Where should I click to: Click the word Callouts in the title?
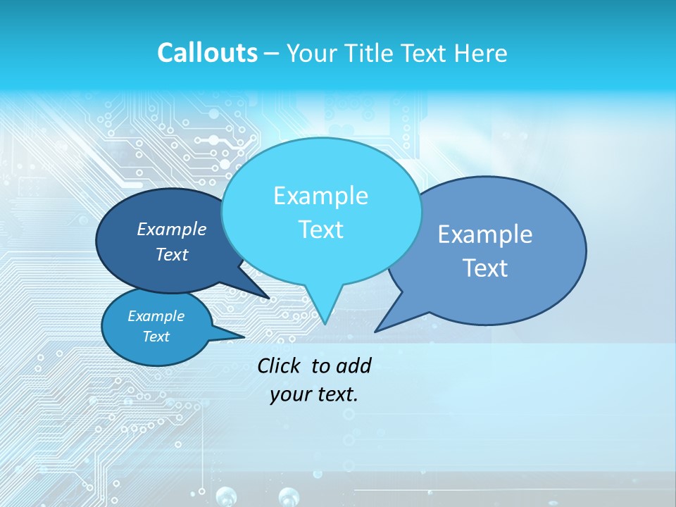click(207, 54)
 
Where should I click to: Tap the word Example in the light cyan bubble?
click(320, 196)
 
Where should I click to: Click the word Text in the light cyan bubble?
click(320, 230)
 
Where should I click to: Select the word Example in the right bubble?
click(485, 234)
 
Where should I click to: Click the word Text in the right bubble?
click(485, 268)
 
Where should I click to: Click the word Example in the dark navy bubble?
click(172, 230)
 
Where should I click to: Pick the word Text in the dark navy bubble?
click(172, 254)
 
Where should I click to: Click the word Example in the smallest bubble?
click(156, 316)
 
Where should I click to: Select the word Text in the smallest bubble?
click(156, 337)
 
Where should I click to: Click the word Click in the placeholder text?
click(280, 365)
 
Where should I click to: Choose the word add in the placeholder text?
click(353, 365)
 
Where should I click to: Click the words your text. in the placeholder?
click(314, 394)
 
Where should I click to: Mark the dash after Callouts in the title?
click(273, 54)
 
